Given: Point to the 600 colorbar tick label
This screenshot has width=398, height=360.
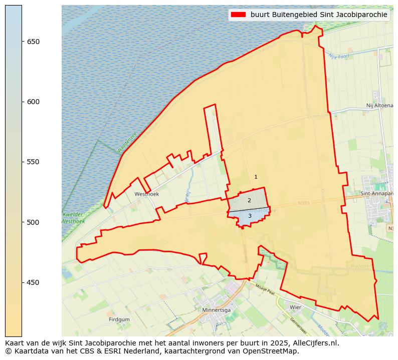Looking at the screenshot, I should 33,102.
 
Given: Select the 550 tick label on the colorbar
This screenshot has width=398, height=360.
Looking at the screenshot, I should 33,162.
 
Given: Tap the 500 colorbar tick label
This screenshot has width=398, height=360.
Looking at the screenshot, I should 33,222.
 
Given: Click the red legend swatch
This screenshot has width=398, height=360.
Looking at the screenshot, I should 238,15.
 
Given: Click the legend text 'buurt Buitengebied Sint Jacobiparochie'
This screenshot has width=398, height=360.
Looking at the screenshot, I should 319,15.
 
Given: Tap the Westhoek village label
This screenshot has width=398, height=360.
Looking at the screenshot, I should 146,194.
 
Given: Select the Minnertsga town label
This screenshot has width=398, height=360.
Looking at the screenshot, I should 216,310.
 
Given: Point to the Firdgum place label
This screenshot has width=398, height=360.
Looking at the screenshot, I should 119,319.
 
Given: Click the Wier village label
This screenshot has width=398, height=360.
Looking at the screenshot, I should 295,307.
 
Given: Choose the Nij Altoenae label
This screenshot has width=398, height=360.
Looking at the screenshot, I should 379,106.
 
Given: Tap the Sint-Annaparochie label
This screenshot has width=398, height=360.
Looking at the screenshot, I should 376,193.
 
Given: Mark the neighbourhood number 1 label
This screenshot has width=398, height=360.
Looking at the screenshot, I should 256,177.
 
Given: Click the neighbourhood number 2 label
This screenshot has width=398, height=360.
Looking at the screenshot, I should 249,200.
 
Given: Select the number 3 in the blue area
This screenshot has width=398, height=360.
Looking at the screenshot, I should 250,216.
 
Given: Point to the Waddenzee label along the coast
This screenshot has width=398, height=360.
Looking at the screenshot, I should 126,143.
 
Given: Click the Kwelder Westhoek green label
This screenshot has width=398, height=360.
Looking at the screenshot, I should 73,218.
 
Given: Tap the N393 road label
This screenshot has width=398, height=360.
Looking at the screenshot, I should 303,203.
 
